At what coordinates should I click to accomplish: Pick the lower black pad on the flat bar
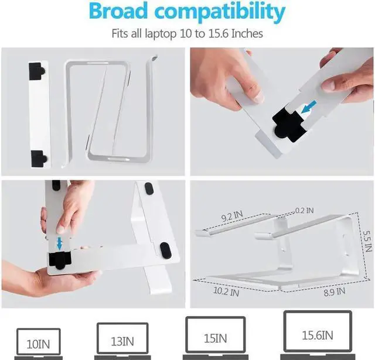39,157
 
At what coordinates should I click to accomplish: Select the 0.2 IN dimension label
304,210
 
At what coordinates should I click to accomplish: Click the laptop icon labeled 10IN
39,342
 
